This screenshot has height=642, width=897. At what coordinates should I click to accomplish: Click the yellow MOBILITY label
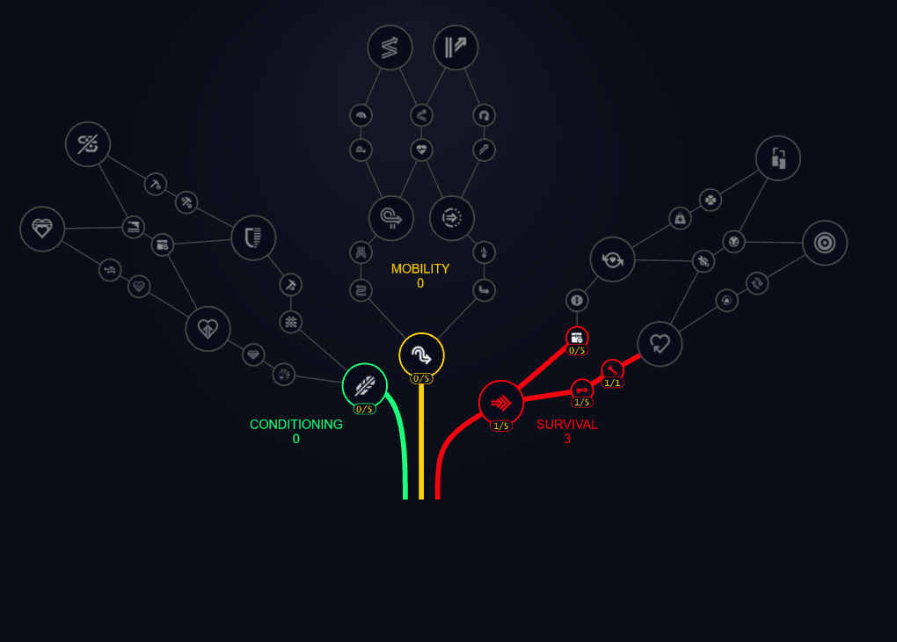[x=420, y=268]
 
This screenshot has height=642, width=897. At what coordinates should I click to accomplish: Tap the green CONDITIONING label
[x=295, y=424]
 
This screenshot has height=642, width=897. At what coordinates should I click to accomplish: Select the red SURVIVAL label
[x=567, y=424]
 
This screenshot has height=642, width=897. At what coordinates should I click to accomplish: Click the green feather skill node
[x=365, y=385]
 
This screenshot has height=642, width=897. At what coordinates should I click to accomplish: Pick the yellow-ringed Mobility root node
[x=421, y=355]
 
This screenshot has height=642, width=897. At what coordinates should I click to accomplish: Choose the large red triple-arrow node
[x=501, y=403]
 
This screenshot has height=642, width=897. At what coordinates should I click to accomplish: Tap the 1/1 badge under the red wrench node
[x=613, y=383]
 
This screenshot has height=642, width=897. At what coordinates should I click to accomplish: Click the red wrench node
[x=612, y=369]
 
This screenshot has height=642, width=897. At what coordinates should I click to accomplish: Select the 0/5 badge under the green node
[x=365, y=409]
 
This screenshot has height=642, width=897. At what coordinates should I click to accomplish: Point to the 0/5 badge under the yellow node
[x=421, y=379]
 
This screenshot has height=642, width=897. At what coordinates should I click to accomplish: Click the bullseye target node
[x=825, y=243]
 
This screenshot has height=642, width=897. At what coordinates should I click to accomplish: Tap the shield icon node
[x=253, y=237]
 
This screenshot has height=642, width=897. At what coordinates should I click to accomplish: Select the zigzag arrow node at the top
[x=390, y=47]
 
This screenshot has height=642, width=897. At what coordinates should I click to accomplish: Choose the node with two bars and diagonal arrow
[x=456, y=47]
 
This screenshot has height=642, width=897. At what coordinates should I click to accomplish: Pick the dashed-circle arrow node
[x=452, y=217]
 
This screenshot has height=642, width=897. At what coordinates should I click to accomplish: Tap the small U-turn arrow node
[x=483, y=115]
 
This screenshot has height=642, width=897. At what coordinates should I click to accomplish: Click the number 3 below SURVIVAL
[x=567, y=438]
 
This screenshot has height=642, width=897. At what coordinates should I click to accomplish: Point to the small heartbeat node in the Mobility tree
[x=422, y=150]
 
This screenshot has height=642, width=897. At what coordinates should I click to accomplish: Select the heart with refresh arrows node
[x=612, y=259]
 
